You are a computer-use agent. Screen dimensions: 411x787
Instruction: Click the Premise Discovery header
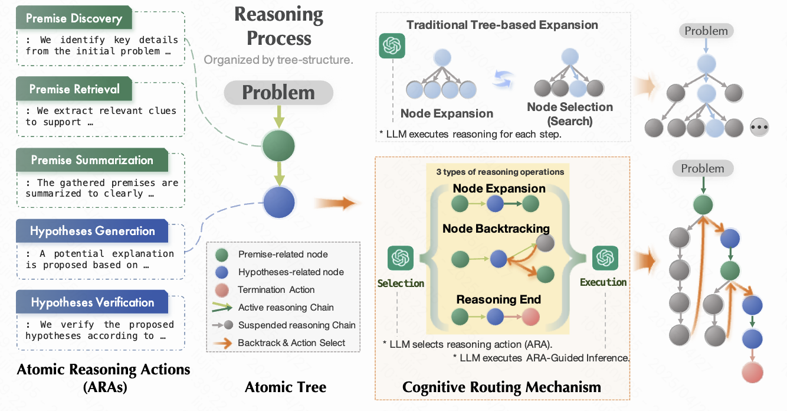[74, 18]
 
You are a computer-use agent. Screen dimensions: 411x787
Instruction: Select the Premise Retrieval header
[74, 90]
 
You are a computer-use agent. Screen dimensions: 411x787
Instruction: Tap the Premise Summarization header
[91, 160]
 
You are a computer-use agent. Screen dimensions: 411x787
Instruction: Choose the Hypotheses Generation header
[92, 231]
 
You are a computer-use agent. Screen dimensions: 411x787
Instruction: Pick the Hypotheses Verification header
[92, 302]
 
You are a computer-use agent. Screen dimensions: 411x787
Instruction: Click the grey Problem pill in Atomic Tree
[278, 93]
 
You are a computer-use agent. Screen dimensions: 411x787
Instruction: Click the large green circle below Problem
[278, 145]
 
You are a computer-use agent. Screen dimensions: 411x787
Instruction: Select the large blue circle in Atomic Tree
[278, 202]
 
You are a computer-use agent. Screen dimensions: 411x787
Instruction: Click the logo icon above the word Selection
[400, 259]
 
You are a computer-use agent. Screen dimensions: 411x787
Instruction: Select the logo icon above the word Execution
[605, 258]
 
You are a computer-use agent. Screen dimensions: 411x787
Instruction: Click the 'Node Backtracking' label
[496, 228]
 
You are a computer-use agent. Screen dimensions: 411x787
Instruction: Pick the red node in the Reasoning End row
[530, 317]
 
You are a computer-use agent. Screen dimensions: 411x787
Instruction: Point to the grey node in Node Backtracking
[546, 242]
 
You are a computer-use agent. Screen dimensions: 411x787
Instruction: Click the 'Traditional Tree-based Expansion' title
[502, 25]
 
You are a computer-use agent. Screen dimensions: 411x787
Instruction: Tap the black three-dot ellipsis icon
[759, 128]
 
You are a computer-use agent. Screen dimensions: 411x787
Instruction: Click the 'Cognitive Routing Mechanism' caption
[501, 387]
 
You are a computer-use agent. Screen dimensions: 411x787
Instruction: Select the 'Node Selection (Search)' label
[569, 113]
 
